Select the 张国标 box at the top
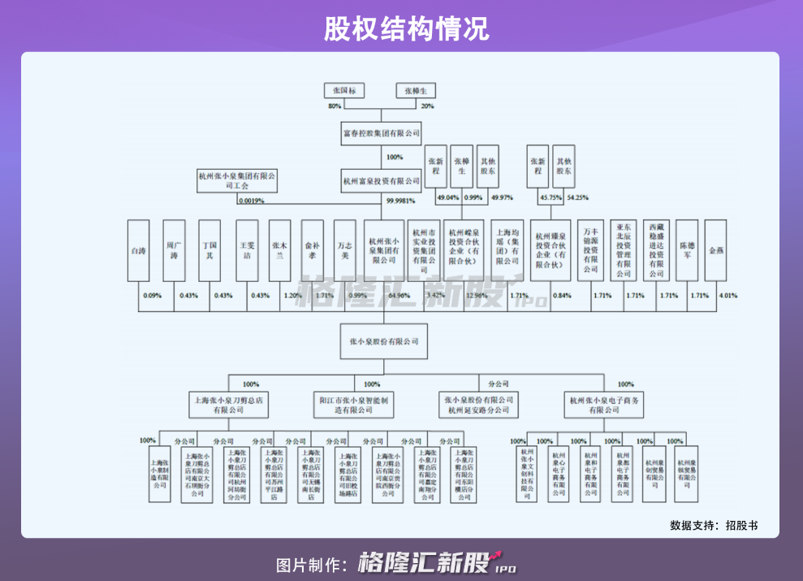tap(344, 91)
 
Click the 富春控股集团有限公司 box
tap(382, 132)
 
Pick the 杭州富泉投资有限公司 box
tap(382, 181)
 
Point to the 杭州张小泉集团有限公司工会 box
tap(237, 180)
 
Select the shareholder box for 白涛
tap(138, 251)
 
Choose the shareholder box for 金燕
tap(715, 251)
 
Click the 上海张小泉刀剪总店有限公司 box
tap(229, 405)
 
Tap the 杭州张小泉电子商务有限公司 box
tap(604, 405)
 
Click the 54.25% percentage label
tap(577, 197)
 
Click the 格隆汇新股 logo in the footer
tap(437, 563)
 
